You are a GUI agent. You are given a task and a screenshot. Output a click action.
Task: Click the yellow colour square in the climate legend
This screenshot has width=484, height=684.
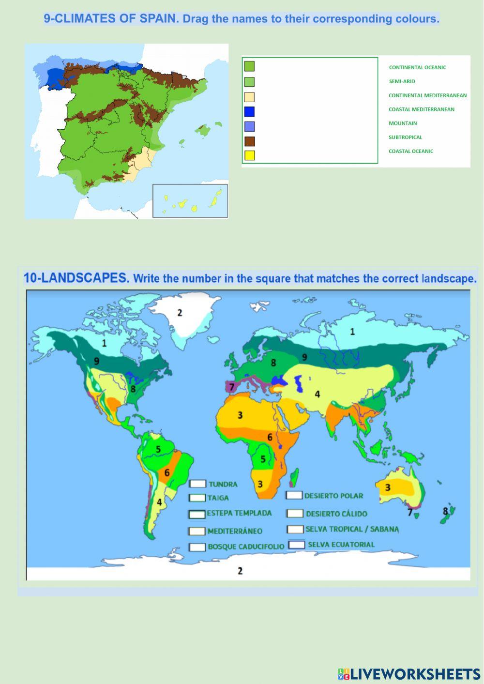[x=249, y=155]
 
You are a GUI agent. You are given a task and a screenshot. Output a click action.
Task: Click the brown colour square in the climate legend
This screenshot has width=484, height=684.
[x=249, y=141]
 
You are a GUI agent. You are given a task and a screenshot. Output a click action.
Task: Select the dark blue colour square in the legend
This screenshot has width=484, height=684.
[x=249, y=112]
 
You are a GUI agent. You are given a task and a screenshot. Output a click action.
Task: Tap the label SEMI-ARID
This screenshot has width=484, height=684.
[x=402, y=81]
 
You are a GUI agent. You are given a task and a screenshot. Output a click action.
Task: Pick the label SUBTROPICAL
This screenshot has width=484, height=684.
[x=405, y=137]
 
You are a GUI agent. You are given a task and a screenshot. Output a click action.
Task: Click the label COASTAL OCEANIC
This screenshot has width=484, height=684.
[x=411, y=151]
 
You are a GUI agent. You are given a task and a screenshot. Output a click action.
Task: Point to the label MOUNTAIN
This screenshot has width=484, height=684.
[x=403, y=123]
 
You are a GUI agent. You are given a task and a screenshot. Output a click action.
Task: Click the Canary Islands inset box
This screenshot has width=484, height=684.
[x=190, y=200]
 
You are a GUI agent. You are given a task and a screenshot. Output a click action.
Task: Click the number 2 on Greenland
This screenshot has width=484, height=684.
[x=180, y=313]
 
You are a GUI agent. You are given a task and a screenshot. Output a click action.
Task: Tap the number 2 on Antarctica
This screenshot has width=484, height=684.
[x=240, y=571]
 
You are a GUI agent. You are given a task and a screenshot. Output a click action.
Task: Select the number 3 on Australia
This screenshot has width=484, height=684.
[x=388, y=487]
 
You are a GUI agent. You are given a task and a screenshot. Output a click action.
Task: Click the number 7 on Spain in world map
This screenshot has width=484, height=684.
[x=232, y=387]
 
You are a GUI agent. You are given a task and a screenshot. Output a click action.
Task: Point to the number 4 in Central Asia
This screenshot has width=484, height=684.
[x=318, y=394]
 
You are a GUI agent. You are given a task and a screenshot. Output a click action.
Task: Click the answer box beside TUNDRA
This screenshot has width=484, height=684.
[x=197, y=484]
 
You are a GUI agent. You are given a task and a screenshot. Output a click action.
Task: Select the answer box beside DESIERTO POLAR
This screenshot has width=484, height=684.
[x=294, y=495]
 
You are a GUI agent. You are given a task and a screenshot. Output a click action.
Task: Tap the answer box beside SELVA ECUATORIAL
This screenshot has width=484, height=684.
[x=297, y=545]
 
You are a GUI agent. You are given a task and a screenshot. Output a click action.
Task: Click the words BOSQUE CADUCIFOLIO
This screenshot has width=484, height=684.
[x=246, y=547]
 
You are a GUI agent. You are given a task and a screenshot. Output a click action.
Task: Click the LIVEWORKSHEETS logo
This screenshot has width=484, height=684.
[x=408, y=673]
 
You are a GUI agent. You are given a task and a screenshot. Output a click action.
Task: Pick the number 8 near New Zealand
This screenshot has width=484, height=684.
[x=445, y=511]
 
